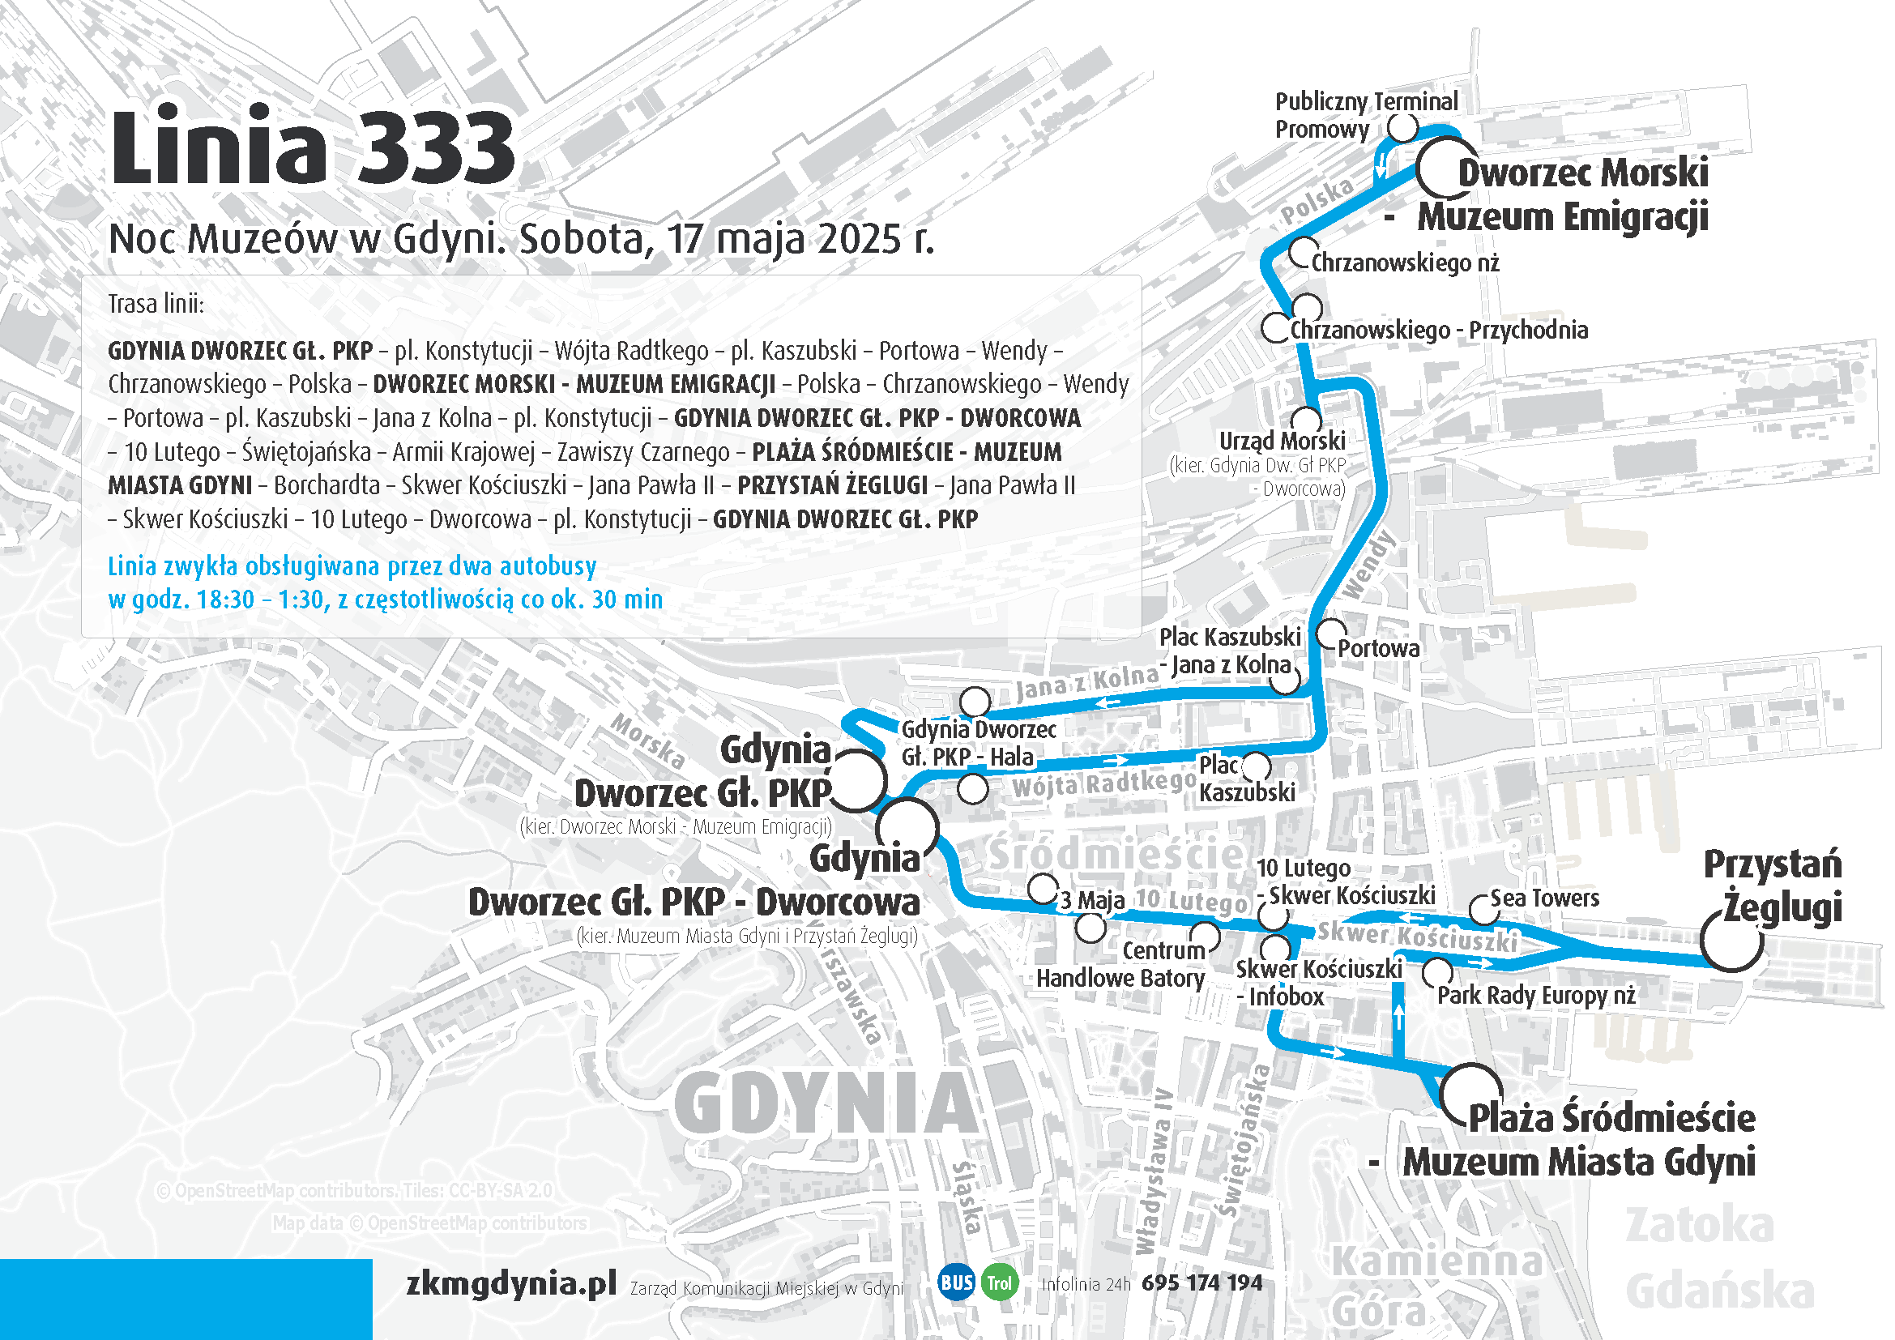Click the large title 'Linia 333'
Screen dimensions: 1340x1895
pos(312,148)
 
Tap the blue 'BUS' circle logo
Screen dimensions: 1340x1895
pos(957,1282)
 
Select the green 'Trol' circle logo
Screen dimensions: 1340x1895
pos(1000,1282)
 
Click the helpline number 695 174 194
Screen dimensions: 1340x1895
pos(1201,1282)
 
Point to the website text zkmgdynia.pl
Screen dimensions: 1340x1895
pos(512,1282)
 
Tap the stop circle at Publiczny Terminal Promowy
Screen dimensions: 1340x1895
pos(1402,128)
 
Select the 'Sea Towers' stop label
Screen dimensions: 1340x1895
pos(1544,898)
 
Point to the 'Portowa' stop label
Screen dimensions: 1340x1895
pos(1378,649)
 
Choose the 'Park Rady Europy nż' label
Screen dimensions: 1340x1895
pos(1536,995)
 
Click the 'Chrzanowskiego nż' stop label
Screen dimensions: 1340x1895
pos(1405,263)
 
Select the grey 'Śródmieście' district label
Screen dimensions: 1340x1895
pos(1116,854)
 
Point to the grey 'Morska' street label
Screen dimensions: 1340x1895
pos(648,740)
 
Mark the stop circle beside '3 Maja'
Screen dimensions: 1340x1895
pos(1043,889)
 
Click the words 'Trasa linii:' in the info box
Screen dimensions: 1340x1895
pos(156,304)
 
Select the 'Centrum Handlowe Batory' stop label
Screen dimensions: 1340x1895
pos(1120,965)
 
